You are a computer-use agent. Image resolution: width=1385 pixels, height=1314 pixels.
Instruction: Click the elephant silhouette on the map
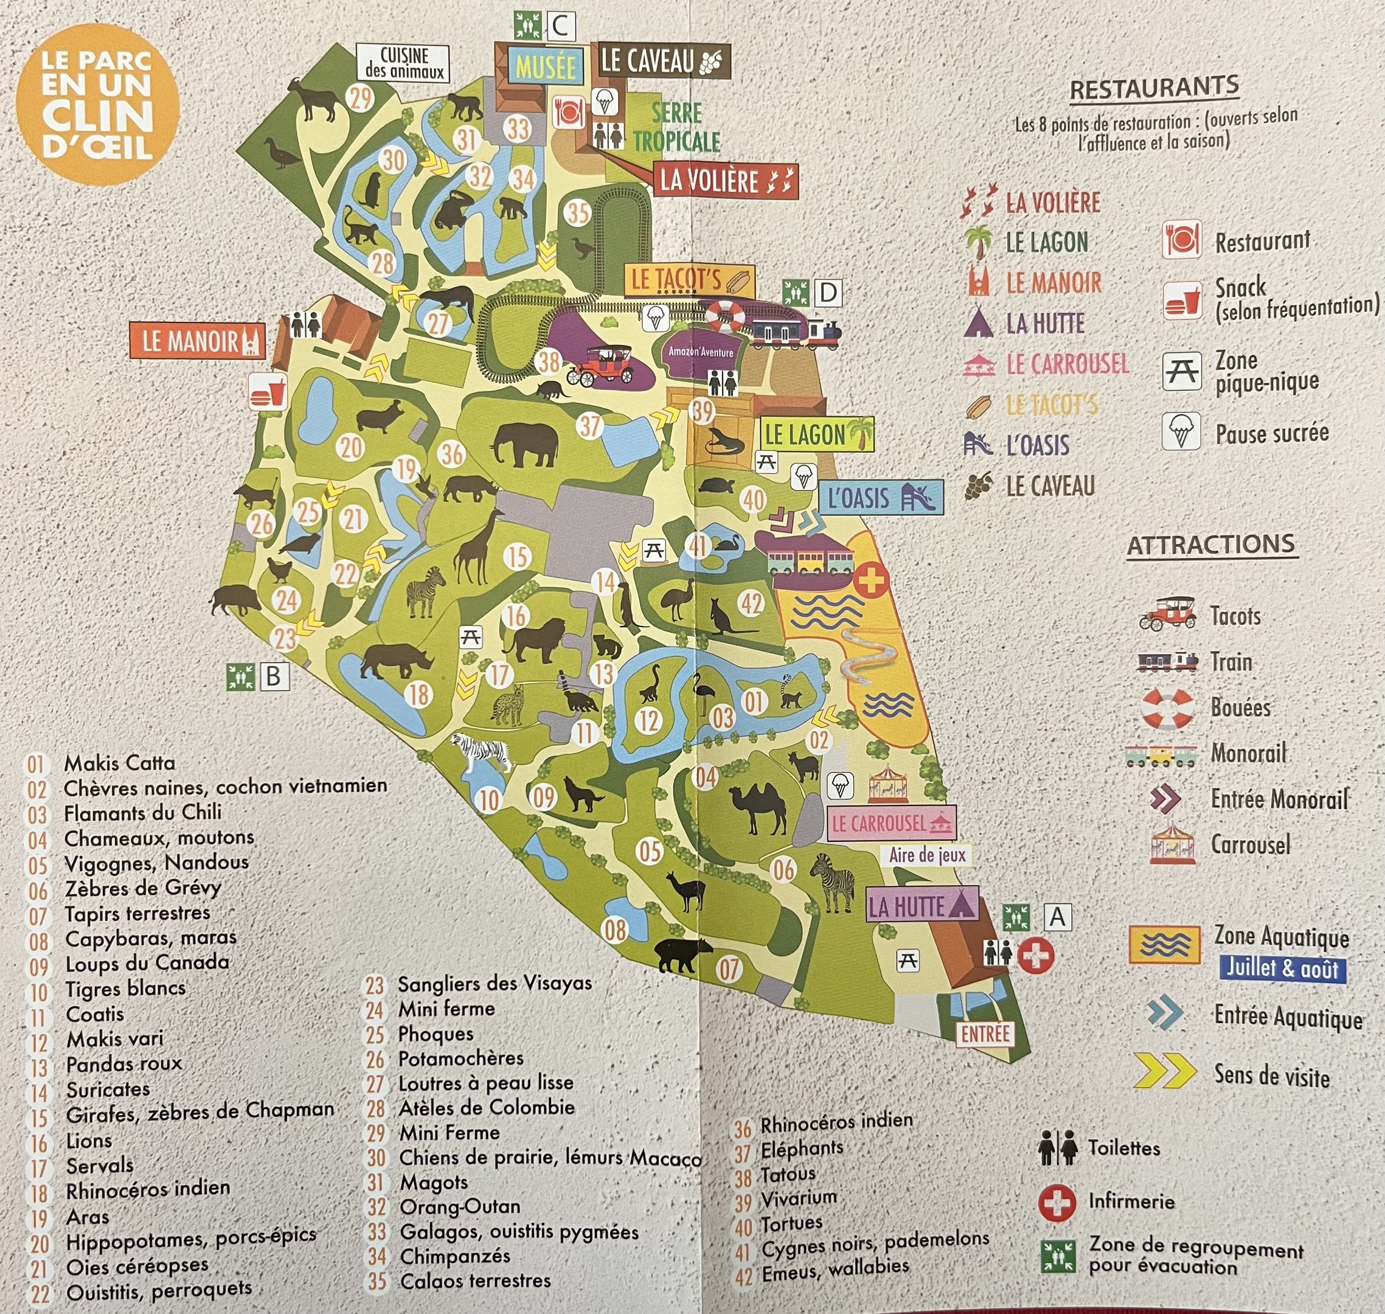point(524,445)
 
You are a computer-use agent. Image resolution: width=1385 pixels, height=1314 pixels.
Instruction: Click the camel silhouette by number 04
point(758,810)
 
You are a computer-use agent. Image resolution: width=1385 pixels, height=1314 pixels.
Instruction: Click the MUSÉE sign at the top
point(546,68)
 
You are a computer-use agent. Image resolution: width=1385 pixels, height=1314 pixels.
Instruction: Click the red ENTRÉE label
point(985,1034)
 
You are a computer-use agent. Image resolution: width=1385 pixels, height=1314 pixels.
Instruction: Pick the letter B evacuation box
point(274,676)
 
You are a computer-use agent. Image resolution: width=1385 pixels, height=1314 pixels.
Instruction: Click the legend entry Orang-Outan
point(459,1207)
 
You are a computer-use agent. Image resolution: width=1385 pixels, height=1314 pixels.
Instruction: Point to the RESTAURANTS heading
point(1154,89)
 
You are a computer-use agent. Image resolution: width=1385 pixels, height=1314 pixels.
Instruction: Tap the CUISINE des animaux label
point(404,62)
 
